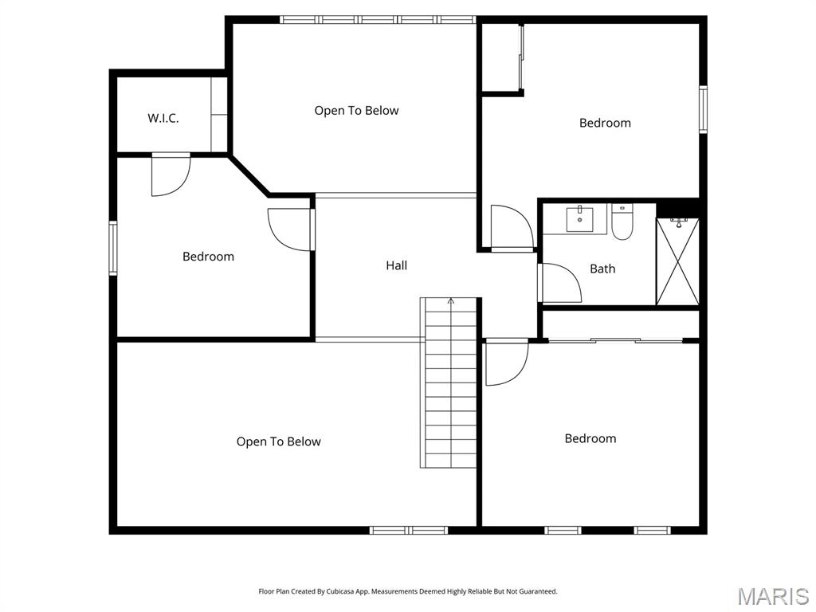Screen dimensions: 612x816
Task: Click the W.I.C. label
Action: (163, 118)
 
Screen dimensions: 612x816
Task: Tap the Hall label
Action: (397, 265)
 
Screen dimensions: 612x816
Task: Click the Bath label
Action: (602, 269)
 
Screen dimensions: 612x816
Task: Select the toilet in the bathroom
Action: (622, 222)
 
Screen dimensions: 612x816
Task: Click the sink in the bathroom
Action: (579, 217)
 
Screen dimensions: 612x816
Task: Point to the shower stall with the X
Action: (677, 261)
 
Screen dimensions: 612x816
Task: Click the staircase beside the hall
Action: (450, 382)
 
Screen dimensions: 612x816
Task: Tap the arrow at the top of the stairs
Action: (451, 301)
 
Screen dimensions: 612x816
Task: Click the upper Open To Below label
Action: (356, 111)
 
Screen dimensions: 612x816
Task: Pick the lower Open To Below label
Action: (278, 441)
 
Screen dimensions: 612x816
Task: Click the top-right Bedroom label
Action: (605, 123)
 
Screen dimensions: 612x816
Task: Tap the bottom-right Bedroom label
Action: (590, 438)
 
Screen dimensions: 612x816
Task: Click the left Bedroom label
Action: (208, 257)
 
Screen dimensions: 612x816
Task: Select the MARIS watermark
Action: (772, 595)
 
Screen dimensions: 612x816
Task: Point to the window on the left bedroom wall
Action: (113, 248)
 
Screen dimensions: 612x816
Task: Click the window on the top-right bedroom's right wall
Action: (703, 109)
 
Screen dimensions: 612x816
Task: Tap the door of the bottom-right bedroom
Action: (506, 363)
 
